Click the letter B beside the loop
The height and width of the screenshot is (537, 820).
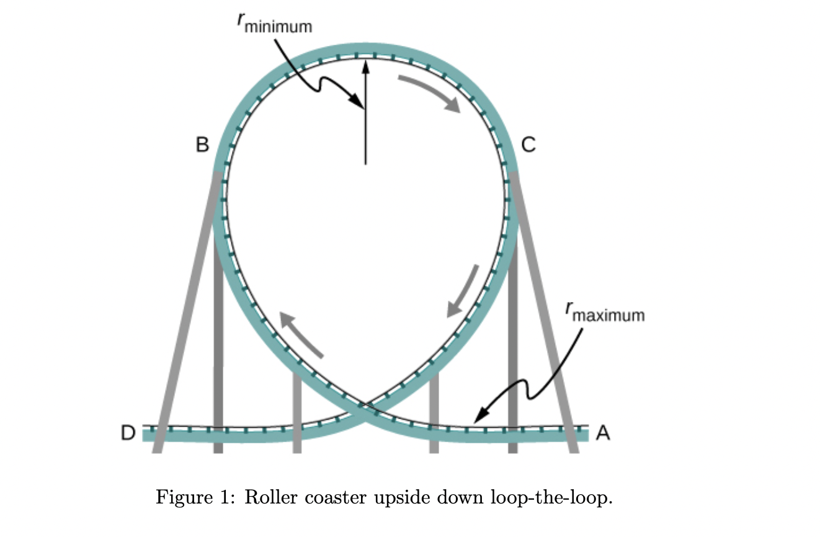pyautogui.click(x=203, y=145)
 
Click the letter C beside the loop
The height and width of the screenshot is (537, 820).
pyautogui.click(x=528, y=145)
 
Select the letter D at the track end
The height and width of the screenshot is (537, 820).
pyautogui.click(x=127, y=433)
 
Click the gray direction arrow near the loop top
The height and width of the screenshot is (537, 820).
pyautogui.click(x=430, y=92)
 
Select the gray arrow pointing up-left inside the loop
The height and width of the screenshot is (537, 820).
pyautogui.click(x=302, y=335)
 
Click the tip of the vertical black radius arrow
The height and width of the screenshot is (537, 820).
pyautogui.click(x=365, y=62)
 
